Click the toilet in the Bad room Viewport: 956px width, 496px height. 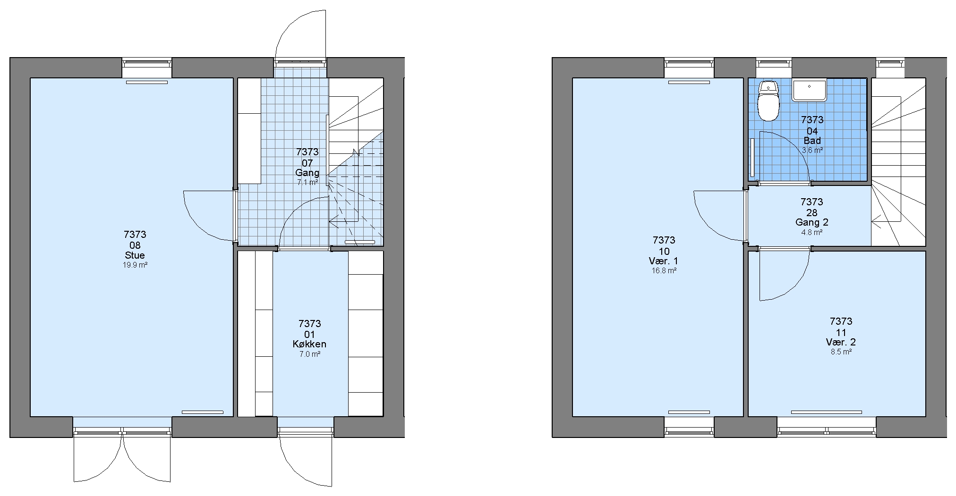click(768, 101)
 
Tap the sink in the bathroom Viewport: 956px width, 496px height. click(809, 91)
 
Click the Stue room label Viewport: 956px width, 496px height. click(135, 255)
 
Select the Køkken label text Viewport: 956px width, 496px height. click(309, 344)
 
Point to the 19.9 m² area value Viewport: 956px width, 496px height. click(135, 265)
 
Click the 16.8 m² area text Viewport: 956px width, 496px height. click(664, 271)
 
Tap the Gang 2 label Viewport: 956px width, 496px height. click(812, 222)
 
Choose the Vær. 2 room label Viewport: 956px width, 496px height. click(841, 342)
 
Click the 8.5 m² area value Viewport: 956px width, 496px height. click(841, 352)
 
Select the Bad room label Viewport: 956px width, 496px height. click(812, 141)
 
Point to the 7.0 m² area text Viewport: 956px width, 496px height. click(310, 354)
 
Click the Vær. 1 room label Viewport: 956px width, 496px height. click(664, 261)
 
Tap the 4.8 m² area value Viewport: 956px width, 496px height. click(812, 232)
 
